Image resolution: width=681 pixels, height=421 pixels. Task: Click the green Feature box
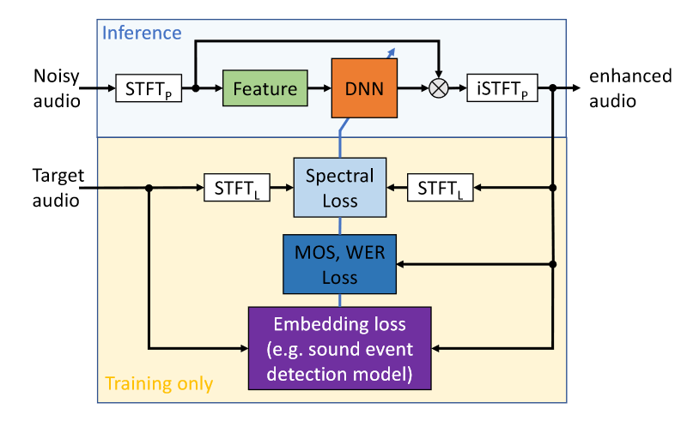(264, 88)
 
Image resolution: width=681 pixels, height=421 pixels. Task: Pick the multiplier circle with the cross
(439, 88)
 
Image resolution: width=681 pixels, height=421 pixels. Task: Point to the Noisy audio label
(57, 88)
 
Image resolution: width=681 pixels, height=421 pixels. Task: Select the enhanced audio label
(629, 88)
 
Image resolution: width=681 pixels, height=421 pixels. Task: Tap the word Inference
(142, 33)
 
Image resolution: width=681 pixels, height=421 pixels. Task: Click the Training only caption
(158, 383)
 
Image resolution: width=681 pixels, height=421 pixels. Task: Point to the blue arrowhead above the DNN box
(392, 51)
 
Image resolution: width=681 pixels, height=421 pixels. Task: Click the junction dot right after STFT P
(196, 88)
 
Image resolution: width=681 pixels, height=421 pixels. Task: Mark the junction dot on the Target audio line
(149, 188)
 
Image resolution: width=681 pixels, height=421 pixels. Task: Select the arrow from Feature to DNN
(319, 88)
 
